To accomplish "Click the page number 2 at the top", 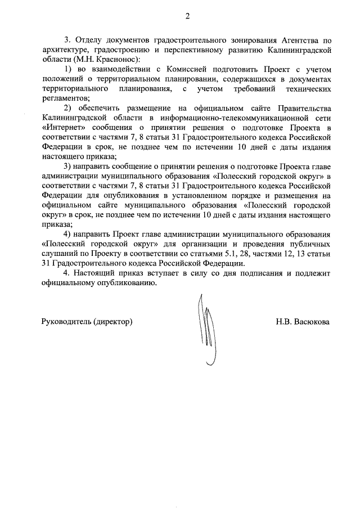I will point(188,16).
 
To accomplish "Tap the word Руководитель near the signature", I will point(66,322).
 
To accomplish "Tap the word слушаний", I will point(58,253).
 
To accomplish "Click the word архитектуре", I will point(64,49).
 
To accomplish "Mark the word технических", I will point(304,88).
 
